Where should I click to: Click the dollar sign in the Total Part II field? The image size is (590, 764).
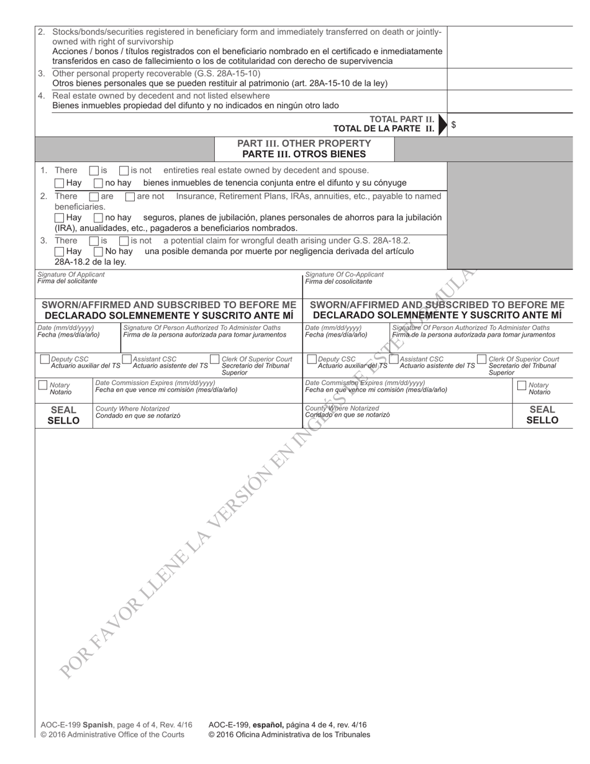[x=453, y=125]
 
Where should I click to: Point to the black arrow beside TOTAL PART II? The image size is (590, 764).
[x=442, y=124]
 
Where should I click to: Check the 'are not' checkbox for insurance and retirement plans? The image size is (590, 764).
[x=130, y=197]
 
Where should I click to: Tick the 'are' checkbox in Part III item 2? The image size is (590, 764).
[x=94, y=197]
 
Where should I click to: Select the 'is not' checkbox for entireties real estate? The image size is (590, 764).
[x=124, y=171]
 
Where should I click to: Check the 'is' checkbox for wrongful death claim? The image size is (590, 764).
[x=94, y=241]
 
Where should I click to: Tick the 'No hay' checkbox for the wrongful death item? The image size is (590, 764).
[x=98, y=252]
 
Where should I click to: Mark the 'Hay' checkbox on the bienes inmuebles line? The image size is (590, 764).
[x=59, y=183]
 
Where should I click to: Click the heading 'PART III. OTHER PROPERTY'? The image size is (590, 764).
[x=304, y=143]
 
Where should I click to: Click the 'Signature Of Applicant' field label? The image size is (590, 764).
[x=71, y=275]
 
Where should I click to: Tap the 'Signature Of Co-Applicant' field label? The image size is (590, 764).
[x=344, y=275]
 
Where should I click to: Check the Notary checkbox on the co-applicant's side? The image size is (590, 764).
[x=522, y=386]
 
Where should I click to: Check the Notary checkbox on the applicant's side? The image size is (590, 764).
[x=43, y=386]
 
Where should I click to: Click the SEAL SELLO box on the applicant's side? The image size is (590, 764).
[x=63, y=415]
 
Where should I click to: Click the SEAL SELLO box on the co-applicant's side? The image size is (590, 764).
[x=542, y=415]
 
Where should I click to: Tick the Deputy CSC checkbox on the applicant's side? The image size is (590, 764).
[x=45, y=360]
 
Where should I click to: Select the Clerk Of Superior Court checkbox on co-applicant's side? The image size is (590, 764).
[x=481, y=360]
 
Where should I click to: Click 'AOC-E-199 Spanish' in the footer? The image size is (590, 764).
[x=77, y=725]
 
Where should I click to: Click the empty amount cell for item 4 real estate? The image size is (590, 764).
[x=509, y=101]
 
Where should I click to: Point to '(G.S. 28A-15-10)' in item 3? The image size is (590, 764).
[x=225, y=73]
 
